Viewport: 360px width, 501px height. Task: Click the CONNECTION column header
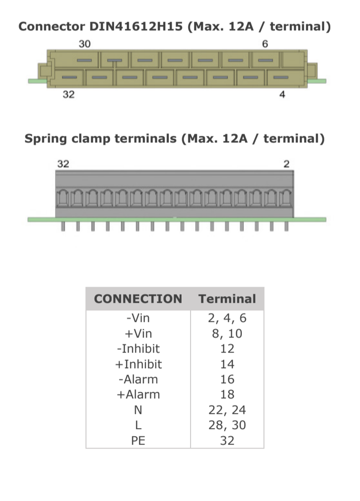click(138, 299)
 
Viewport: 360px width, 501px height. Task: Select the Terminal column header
click(227, 299)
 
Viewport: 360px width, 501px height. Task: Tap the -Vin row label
click(138, 318)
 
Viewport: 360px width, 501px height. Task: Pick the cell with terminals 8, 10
click(227, 333)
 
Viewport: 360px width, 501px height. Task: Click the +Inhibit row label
click(138, 364)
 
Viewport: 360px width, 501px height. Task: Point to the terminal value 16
click(227, 379)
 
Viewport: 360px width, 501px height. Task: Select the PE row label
click(138, 441)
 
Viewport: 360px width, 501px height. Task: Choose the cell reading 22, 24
click(227, 410)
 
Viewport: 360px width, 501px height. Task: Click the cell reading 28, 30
click(227, 425)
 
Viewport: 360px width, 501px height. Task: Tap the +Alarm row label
click(138, 394)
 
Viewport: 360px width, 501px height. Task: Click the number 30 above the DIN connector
click(84, 44)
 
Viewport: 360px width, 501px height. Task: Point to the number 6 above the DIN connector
click(265, 44)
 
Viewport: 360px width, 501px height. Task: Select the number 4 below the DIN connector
click(282, 95)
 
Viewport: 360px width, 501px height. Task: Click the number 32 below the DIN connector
click(68, 95)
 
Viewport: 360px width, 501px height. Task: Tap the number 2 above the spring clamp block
click(287, 164)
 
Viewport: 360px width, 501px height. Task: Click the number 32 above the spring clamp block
click(63, 164)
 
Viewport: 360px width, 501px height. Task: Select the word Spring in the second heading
click(46, 138)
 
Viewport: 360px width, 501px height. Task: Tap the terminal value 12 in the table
click(227, 349)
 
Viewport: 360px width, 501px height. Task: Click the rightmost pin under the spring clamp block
click(286, 227)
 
